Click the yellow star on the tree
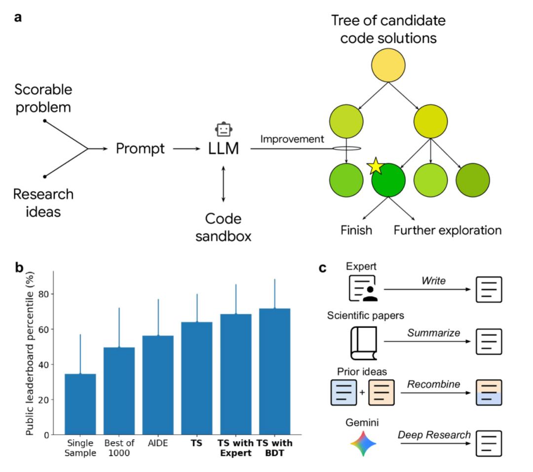pyautogui.click(x=376, y=166)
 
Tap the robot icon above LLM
pyautogui.click(x=224, y=129)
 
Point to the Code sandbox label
pyautogui.click(x=223, y=227)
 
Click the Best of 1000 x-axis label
pyautogui.click(x=119, y=447)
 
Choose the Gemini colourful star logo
pyautogui.click(x=363, y=442)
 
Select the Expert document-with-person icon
pyautogui.click(x=363, y=288)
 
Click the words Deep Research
pyautogui.click(x=434, y=435)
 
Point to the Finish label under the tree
pyautogui.click(x=357, y=230)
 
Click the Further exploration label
pyautogui.click(x=447, y=230)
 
